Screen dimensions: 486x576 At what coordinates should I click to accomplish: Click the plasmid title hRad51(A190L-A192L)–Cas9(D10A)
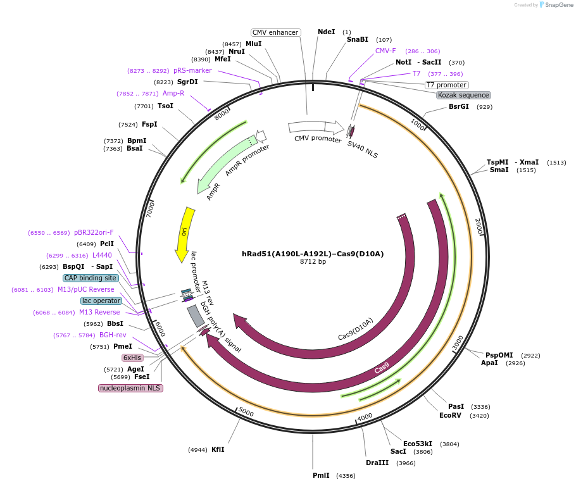(313, 254)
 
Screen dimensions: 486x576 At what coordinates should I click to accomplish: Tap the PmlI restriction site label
(321, 475)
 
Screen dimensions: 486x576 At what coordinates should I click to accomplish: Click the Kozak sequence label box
(463, 95)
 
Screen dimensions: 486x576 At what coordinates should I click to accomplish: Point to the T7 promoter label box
(446, 85)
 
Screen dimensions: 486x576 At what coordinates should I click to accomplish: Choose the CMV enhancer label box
(275, 32)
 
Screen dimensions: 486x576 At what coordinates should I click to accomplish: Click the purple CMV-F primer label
(385, 51)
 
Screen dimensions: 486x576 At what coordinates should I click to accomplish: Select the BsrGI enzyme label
(459, 106)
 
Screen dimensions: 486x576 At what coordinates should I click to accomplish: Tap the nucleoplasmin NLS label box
(130, 388)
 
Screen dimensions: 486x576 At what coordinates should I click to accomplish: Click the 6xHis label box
(132, 358)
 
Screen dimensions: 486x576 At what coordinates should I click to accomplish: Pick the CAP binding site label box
(91, 278)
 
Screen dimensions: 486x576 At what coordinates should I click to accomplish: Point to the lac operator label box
(101, 301)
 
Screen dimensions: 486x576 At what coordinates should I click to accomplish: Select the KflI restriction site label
(218, 449)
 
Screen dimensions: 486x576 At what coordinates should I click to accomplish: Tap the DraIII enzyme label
(377, 463)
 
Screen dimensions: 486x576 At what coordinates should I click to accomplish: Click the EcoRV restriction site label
(451, 416)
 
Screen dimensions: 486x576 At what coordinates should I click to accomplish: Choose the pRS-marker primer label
(192, 71)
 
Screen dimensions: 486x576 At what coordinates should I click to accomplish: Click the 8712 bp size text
(313, 262)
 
